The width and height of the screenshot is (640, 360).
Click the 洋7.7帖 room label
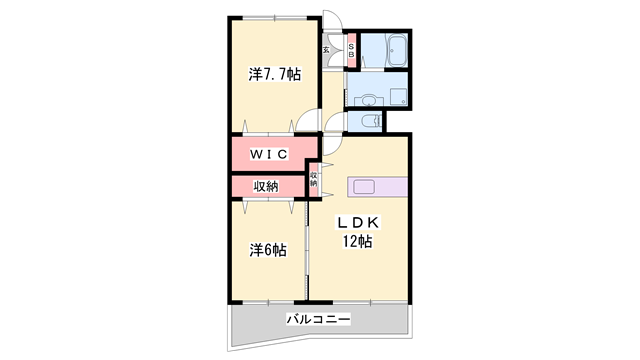tap(274, 75)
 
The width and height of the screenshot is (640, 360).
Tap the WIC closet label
tap(269, 153)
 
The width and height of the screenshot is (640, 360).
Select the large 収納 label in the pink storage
tap(265, 186)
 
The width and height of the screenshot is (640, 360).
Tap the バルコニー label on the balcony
tap(317, 319)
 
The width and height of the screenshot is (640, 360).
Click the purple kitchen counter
tap(378, 187)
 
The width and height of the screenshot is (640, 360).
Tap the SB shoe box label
tap(351, 49)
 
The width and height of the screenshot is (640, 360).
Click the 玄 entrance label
tap(326, 49)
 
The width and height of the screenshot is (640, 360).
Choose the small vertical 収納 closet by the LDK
tap(313, 180)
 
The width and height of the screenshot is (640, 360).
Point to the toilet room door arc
tap(339, 122)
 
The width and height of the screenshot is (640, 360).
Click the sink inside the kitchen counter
tap(361, 187)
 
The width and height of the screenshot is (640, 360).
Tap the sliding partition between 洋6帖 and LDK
tap(307, 250)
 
